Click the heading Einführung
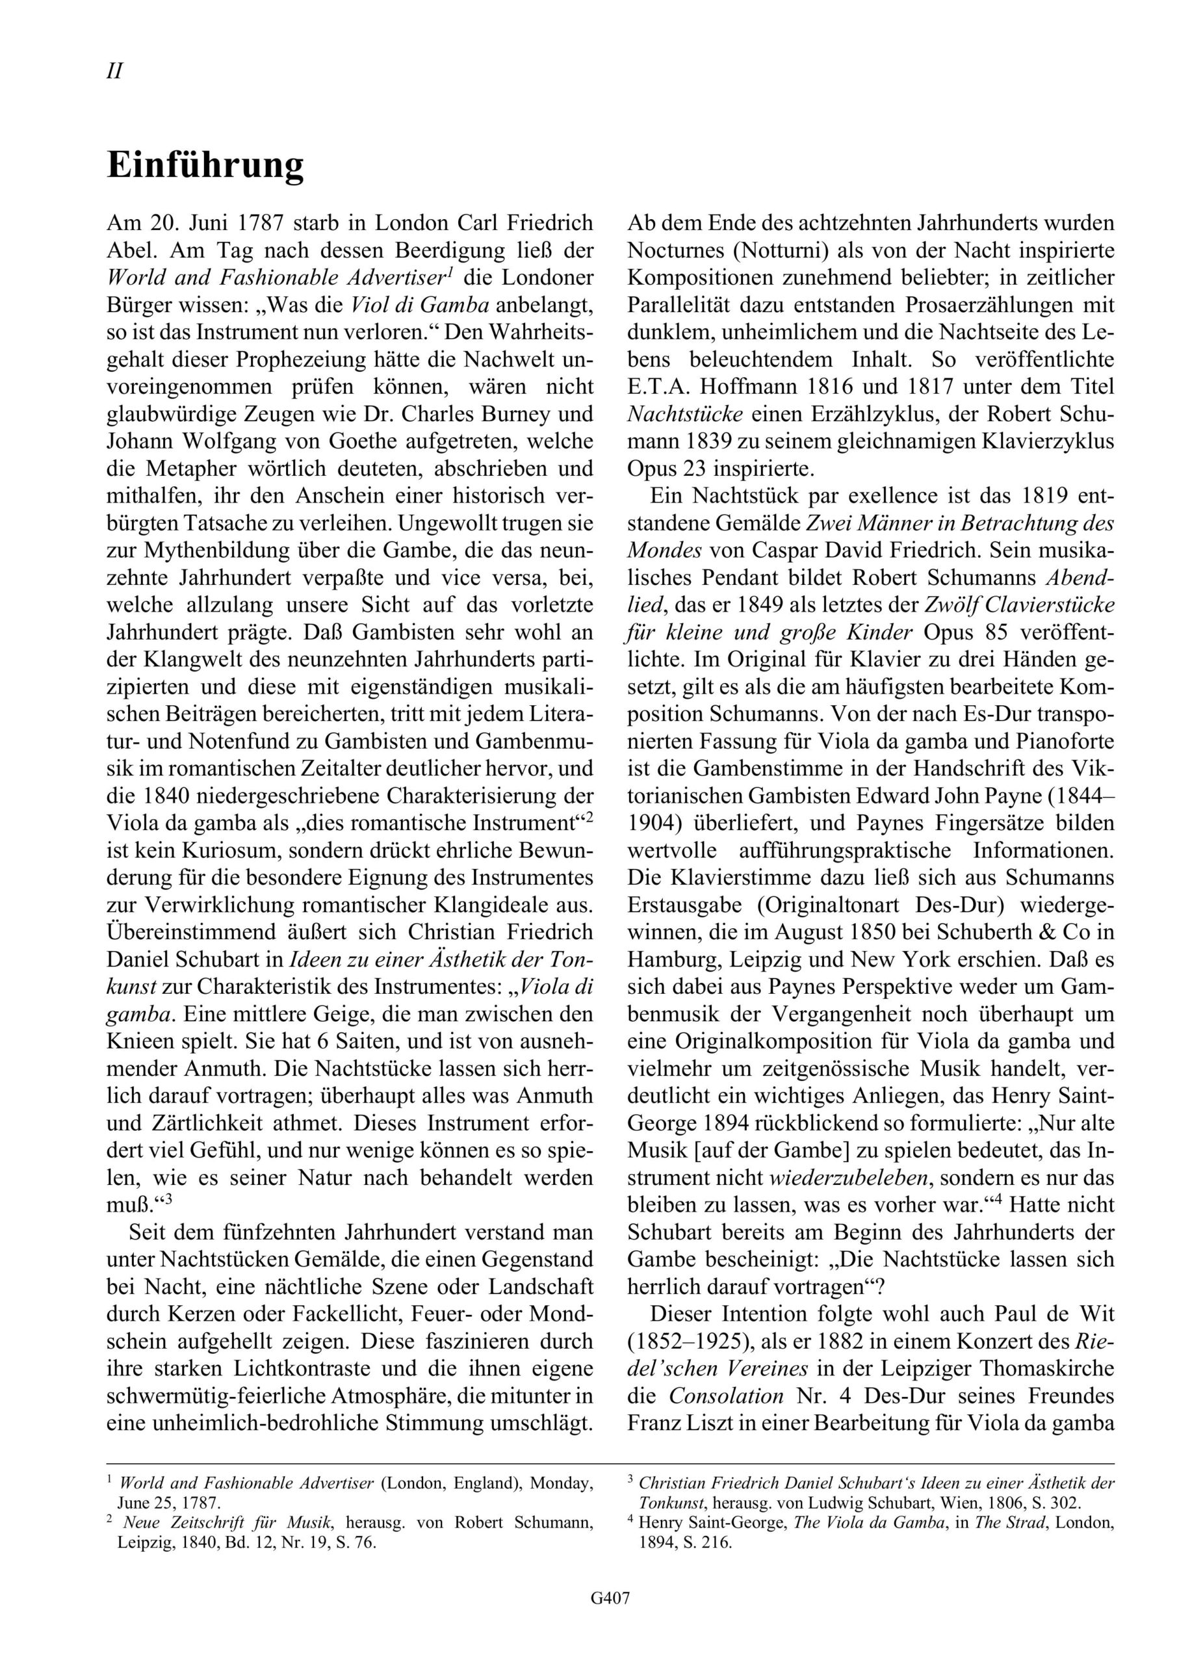click(x=205, y=166)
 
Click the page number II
click(x=114, y=71)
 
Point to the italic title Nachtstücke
click(x=684, y=415)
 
